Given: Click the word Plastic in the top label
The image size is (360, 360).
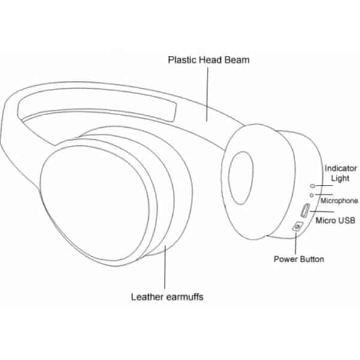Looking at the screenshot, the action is tap(182, 60).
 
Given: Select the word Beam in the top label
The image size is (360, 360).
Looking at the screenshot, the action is tap(237, 59).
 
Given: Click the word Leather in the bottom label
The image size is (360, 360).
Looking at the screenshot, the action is tap(147, 297).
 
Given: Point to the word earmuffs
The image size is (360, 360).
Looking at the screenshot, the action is tap(185, 297).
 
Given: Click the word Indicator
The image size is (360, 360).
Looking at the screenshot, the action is tap(341, 168).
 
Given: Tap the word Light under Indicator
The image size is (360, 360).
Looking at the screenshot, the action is tap(340, 178).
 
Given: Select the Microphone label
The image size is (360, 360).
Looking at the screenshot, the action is tap(339, 200).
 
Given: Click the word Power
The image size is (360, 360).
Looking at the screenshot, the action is tap(286, 259).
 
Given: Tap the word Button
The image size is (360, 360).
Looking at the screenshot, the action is tap(312, 259).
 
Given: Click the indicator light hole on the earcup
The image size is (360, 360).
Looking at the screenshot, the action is tap(313, 186).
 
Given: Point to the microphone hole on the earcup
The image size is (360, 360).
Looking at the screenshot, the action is tap(311, 195).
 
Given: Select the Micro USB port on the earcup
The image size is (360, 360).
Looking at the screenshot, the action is tap(305, 210).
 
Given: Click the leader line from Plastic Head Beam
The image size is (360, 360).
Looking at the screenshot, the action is tap(208, 94).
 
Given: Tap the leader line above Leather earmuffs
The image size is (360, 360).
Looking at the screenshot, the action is tap(165, 267).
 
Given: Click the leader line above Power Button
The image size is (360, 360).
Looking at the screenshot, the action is tap(296, 244).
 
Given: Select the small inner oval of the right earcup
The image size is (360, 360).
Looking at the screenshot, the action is tap(241, 178).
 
